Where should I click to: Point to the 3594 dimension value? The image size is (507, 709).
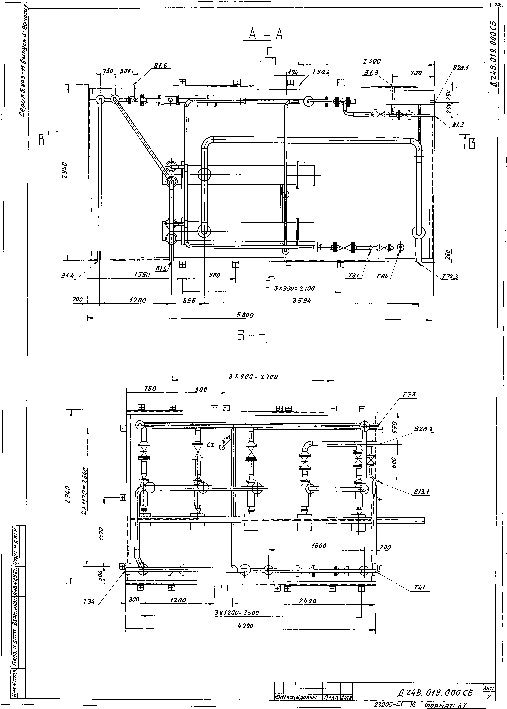302,300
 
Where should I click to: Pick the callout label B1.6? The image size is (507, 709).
160,66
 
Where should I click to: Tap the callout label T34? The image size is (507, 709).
89,602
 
